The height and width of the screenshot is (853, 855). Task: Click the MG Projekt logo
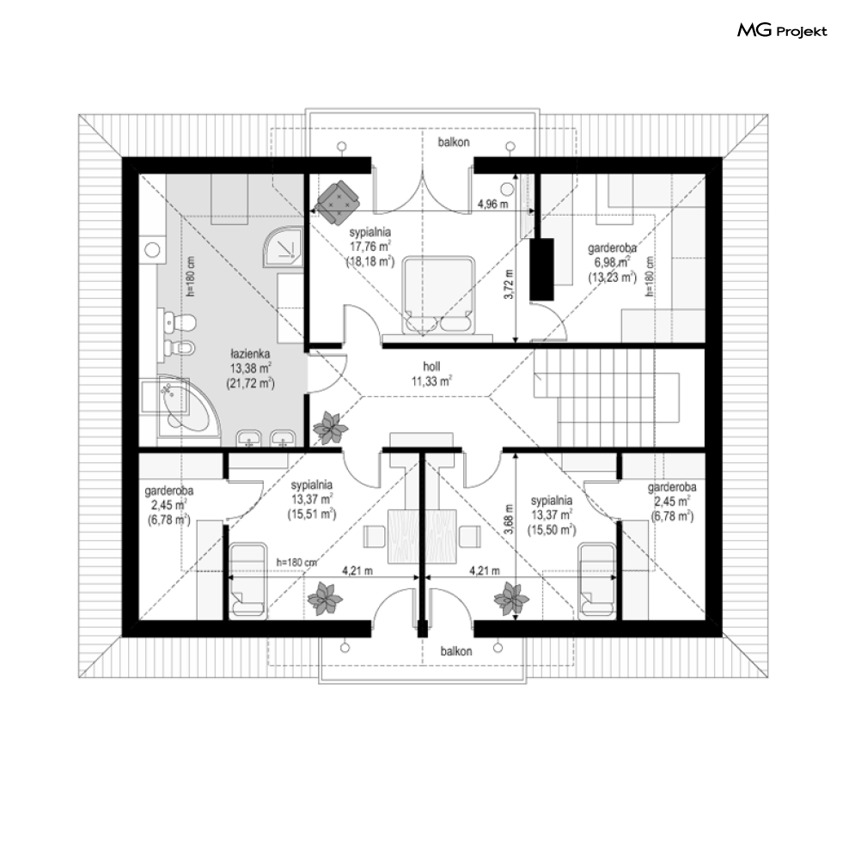(x=782, y=31)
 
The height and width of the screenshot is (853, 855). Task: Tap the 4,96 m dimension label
(x=493, y=204)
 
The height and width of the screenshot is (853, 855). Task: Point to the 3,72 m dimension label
(x=510, y=284)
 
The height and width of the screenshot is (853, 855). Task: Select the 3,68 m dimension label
(x=509, y=522)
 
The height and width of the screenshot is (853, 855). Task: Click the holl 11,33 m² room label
(x=431, y=374)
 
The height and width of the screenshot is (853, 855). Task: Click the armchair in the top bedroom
(x=338, y=201)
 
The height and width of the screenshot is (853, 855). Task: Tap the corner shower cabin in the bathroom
(x=283, y=247)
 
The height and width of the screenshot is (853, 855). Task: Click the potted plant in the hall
(x=330, y=427)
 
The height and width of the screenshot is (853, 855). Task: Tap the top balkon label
(x=454, y=143)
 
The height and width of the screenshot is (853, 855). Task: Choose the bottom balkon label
(x=456, y=651)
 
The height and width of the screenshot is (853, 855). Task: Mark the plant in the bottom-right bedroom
(x=511, y=598)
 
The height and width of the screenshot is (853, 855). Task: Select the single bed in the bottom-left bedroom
(x=248, y=581)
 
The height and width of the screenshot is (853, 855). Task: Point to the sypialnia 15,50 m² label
(x=552, y=515)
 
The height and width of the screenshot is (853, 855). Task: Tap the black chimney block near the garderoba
(x=542, y=269)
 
